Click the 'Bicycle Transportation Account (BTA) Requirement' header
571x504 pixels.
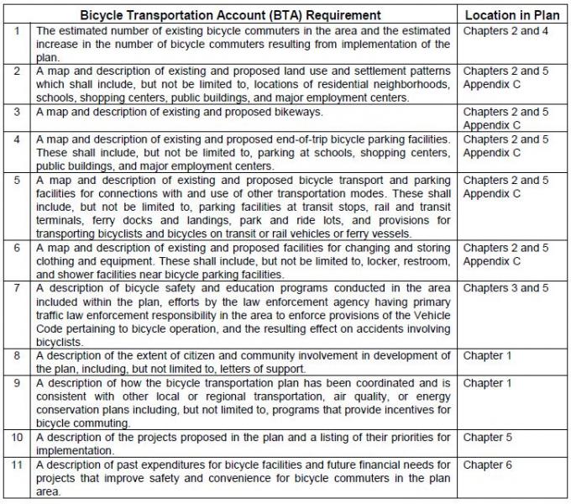pos(230,15)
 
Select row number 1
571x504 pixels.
pos(16,30)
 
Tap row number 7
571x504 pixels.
pos(16,288)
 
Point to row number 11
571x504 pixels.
pos(16,465)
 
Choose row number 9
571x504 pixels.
pos(16,383)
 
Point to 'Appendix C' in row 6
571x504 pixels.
pos(492,261)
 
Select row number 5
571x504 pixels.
pos(16,180)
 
